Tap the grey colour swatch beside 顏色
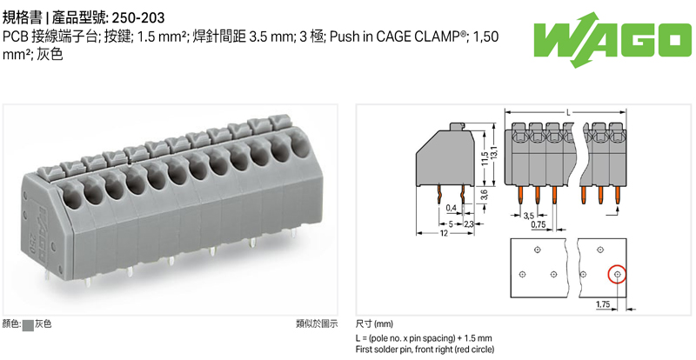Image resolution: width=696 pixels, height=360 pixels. coord(28,324)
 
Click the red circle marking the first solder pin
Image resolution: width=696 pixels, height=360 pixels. coord(617,275)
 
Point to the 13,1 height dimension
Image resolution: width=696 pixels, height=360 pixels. coord(494,153)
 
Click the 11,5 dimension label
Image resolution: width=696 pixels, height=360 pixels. coord(483,159)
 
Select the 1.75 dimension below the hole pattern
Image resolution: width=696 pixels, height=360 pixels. coord(605,304)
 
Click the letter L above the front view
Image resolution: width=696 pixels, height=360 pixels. coord(567,113)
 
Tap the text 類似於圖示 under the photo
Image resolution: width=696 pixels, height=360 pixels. coord(316,324)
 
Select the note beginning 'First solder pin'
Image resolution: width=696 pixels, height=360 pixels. coord(425,349)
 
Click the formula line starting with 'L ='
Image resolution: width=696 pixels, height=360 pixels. coord(424,337)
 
